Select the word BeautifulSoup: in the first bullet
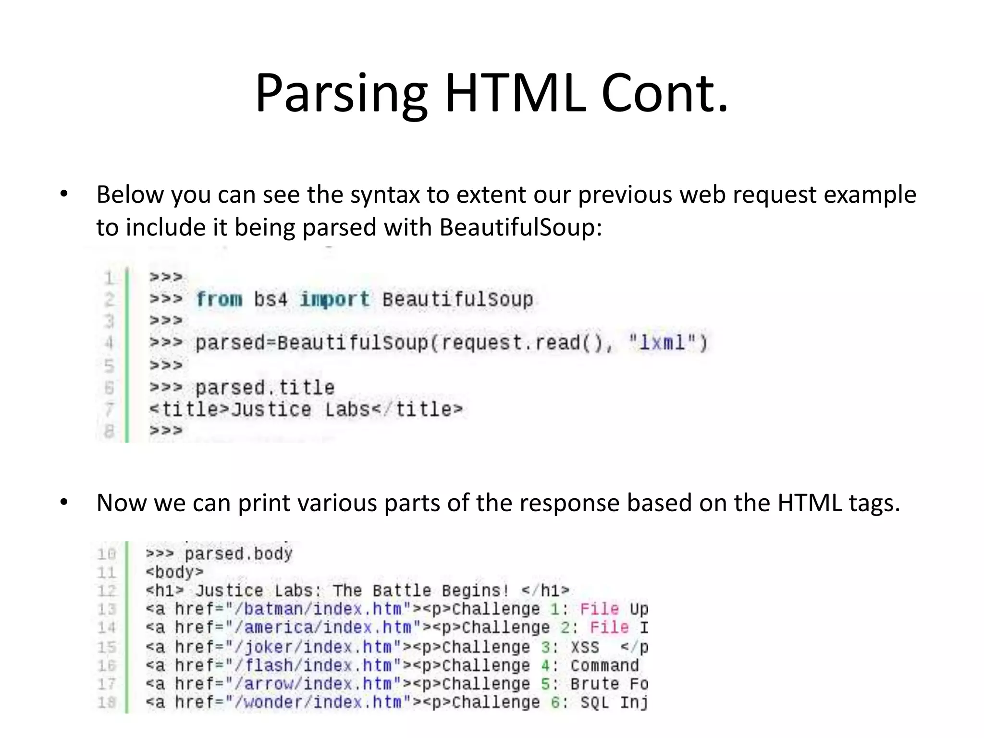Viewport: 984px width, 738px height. tap(520, 227)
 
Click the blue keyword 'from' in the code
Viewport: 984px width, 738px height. tap(219, 299)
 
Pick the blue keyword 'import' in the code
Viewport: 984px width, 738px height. tap(335, 299)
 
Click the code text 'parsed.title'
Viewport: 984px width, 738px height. tap(265, 387)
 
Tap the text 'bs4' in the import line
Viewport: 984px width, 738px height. tap(271, 299)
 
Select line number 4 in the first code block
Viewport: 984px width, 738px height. tap(109, 343)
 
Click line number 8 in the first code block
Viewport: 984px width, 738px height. tap(109, 430)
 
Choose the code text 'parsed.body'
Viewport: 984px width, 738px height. tap(238, 554)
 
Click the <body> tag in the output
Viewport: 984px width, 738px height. tap(175, 572)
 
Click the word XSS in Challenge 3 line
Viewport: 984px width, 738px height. tap(585, 647)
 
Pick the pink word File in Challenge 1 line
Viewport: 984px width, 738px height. tap(599, 609)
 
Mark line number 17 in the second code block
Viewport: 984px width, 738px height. tap(107, 684)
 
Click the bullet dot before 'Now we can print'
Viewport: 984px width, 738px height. tap(64, 503)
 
